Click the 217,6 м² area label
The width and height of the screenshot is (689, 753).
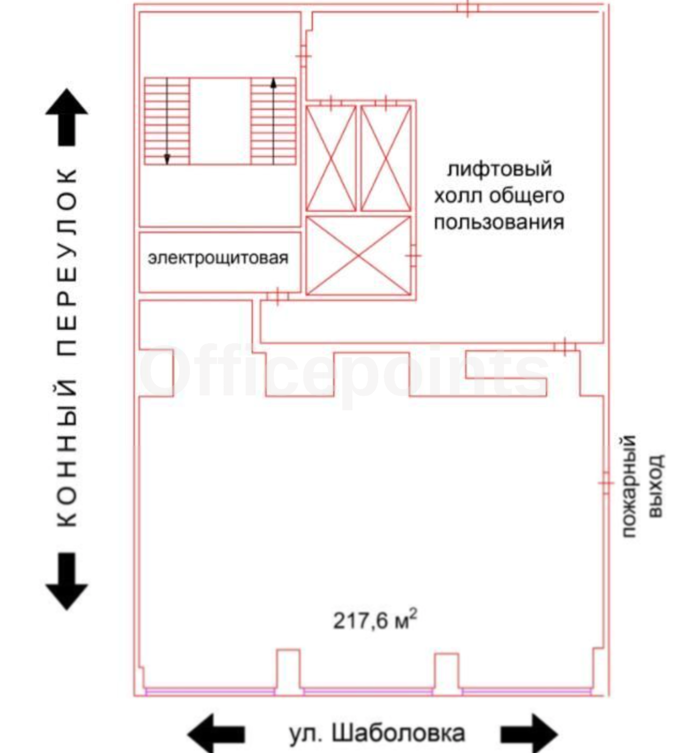click(375, 621)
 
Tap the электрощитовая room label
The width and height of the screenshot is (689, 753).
click(218, 258)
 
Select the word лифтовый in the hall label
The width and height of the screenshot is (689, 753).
click(499, 169)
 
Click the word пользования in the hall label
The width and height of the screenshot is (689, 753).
click(499, 222)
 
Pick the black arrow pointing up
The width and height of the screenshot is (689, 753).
click(67, 117)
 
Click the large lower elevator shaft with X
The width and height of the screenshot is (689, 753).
click(358, 256)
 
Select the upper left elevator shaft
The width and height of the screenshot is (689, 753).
click(331, 158)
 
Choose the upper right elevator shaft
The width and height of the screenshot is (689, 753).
click(386, 158)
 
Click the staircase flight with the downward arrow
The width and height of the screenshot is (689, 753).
click(167, 121)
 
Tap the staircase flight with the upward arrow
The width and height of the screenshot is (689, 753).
click(274, 121)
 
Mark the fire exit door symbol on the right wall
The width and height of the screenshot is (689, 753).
click(606, 483)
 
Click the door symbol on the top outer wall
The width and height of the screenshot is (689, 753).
click(468, 8)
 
